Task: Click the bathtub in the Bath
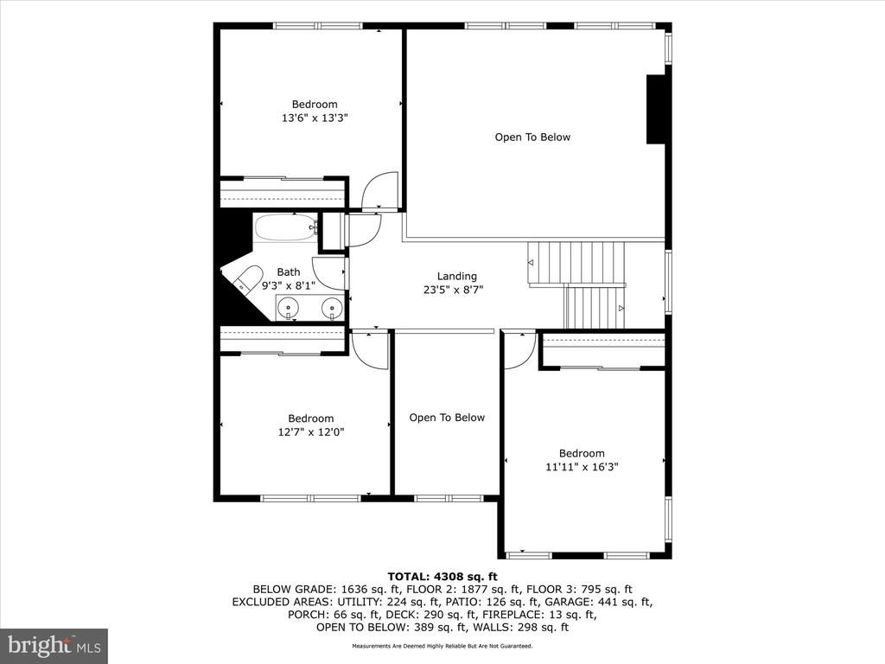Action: [284, 228]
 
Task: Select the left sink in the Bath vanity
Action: [288, 307]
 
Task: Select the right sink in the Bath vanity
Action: [331, 307]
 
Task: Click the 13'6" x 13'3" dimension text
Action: [314, 118]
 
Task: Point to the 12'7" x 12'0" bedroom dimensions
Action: [310, 432]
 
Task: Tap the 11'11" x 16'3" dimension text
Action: [582, 467]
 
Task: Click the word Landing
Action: [457, 277]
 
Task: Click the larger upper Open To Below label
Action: [532, 137]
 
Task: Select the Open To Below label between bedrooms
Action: [447, 418]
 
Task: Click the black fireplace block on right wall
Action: [656, 109]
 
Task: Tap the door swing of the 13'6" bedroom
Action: [380, 192]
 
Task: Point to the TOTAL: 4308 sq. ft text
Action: [442, 576]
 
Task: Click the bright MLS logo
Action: [54, 645]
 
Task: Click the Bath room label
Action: [289, 271]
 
